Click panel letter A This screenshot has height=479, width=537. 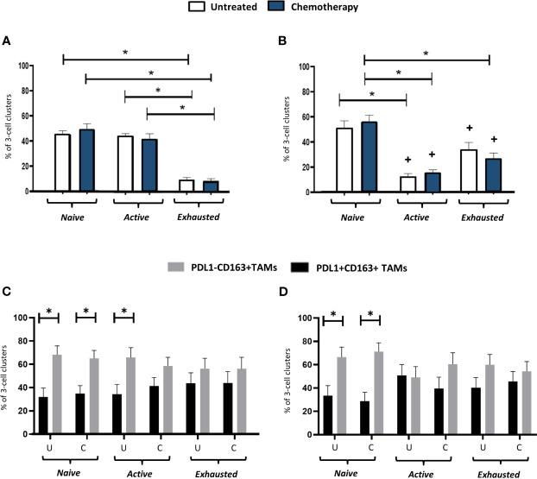pos(7,41)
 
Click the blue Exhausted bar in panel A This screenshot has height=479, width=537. pos(210,186)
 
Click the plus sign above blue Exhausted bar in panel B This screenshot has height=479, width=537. pos(495,139)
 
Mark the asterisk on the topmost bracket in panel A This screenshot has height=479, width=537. pos(126,54)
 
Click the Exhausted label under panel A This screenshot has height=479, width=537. pos(198,217)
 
